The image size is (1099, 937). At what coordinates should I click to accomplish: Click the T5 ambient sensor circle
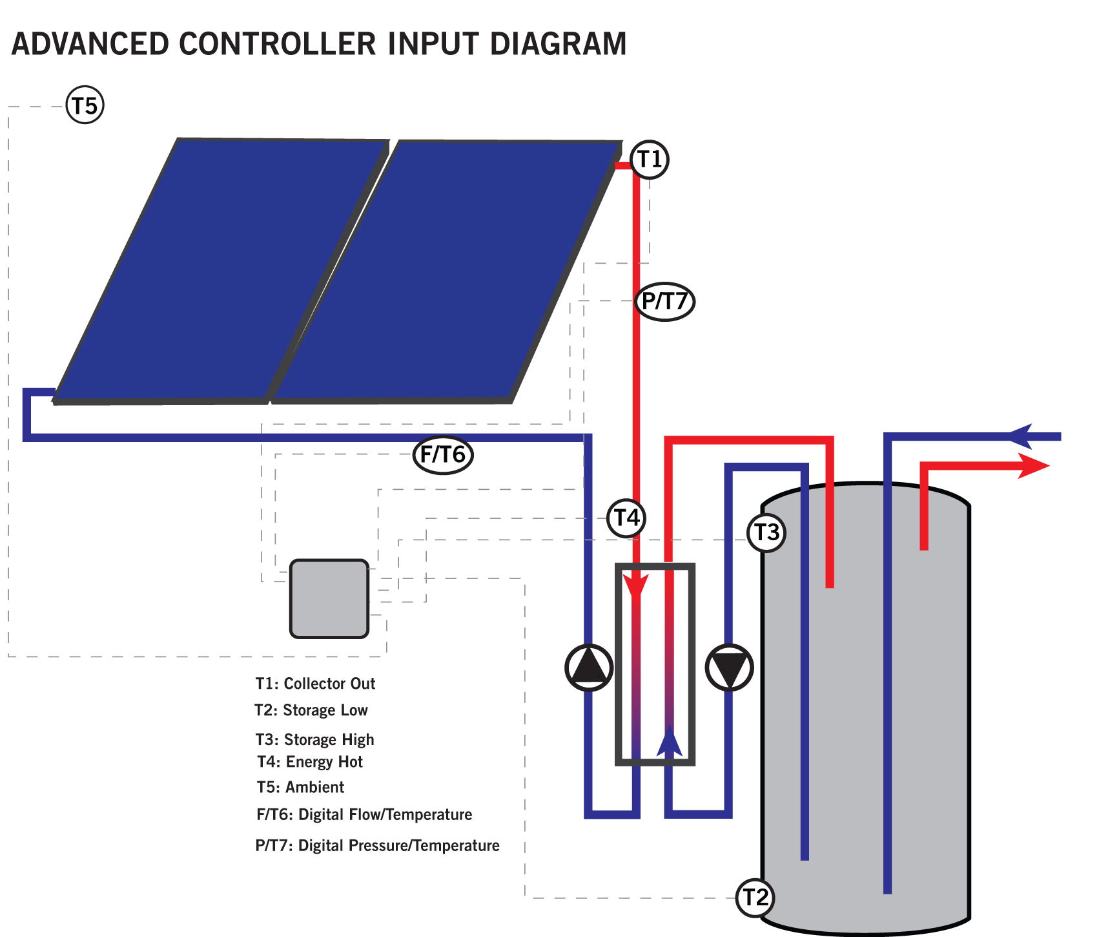(85, 105)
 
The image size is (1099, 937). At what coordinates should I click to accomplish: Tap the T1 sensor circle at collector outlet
(650, 159)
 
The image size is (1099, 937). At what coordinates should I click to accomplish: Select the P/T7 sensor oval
(665, 301)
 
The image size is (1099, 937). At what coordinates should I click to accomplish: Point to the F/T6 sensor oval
(443, 455)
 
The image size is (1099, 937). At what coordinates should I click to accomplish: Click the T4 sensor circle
(626, 518)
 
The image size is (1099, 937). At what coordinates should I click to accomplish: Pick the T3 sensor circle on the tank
(766, 532)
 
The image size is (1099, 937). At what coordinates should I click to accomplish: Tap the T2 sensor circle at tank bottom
(755, 898)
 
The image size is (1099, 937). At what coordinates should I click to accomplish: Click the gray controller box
(329, 599)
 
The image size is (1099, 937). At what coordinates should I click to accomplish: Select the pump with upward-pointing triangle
(589, 668)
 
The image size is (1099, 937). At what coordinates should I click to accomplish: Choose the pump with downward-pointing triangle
(730, 668)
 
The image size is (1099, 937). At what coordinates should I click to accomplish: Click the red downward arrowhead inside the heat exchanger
(636, 587)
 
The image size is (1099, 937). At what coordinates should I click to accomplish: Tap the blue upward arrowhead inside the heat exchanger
(670, 741)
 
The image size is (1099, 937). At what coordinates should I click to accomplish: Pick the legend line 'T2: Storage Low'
(311, 710)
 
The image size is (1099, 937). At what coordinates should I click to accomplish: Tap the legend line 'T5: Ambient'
(301, 787)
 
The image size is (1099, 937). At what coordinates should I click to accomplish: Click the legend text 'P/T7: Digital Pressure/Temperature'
(378, 845)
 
